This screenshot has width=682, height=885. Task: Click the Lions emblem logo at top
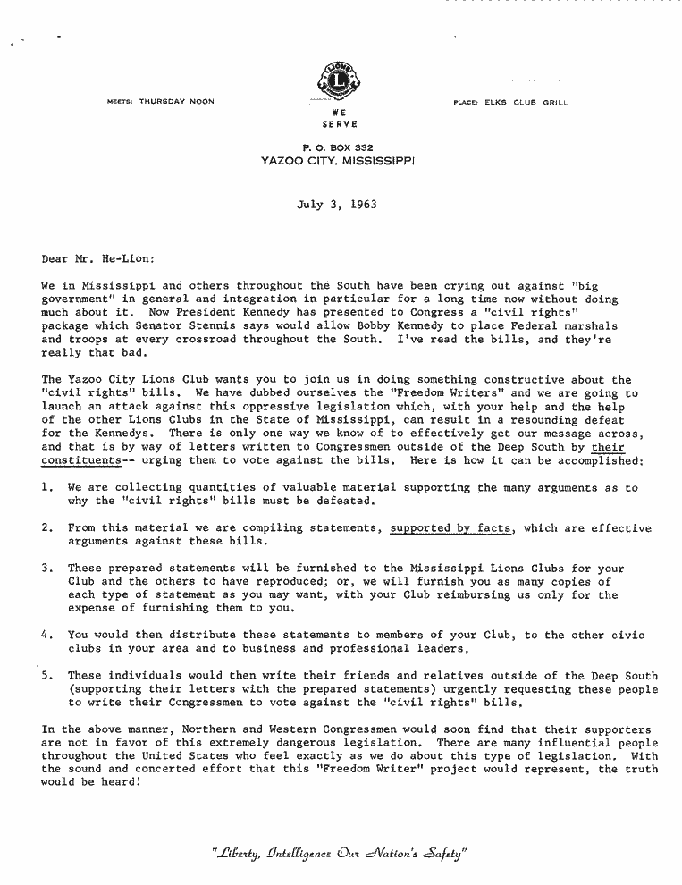tap(338, 80)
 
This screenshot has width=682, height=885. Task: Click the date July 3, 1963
tap(336, 204)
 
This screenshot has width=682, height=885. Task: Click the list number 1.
tap(46, 488)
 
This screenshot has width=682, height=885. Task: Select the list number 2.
tap(46, 528)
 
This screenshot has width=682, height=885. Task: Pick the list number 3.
tap(46, 569)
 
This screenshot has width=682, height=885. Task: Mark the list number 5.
tap(46, 676)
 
